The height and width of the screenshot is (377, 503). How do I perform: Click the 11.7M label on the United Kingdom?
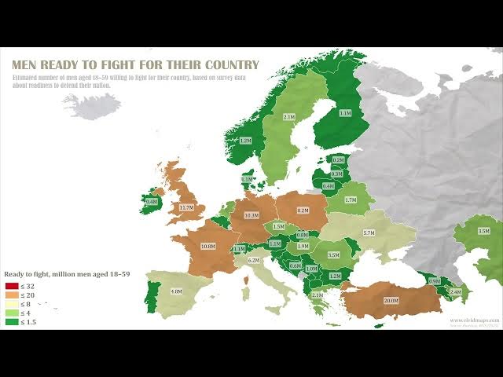coord(186,207)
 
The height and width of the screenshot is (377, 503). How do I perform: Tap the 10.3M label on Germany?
coord(251,215)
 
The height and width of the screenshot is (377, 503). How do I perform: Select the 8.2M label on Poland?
coord(303,210)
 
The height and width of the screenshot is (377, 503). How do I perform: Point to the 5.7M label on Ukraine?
coord(368,233)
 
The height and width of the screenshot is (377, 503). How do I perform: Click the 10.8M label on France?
coord(208,246)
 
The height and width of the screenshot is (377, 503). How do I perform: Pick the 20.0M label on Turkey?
coord(391,300)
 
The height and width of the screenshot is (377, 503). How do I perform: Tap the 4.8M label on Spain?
coord(176,291)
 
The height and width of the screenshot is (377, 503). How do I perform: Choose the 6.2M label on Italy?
coord(254,260)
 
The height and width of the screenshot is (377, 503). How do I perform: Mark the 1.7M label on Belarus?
coord(351,200)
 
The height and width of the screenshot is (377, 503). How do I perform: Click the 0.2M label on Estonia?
coord(338,160)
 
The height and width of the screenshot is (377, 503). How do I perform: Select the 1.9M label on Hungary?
coord(303,246)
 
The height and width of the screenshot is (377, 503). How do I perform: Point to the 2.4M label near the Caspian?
coord(455,291)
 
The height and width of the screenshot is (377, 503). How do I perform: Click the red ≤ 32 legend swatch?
coord(11,285)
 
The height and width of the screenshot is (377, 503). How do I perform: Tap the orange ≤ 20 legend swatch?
coord(11,295)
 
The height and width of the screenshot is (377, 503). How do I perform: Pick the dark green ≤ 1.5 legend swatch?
coord(11,322)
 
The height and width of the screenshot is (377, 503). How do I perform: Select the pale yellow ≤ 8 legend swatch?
coord(11,304)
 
